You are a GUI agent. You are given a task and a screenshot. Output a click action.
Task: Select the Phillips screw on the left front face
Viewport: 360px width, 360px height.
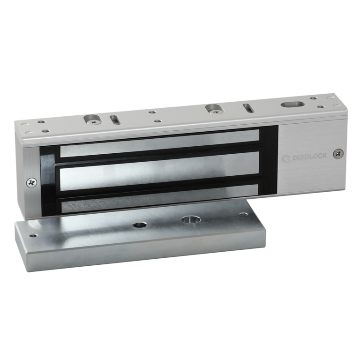31,182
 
